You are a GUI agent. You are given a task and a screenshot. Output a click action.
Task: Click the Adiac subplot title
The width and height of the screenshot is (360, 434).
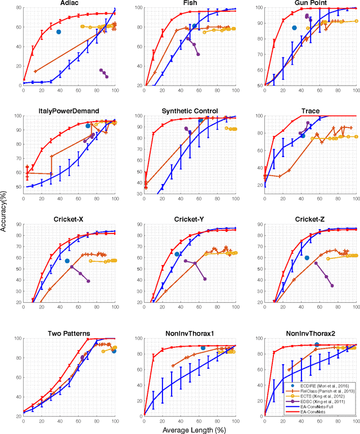[69, 3]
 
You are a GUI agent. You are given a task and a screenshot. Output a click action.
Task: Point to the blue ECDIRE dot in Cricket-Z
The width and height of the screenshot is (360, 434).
[307, 258]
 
